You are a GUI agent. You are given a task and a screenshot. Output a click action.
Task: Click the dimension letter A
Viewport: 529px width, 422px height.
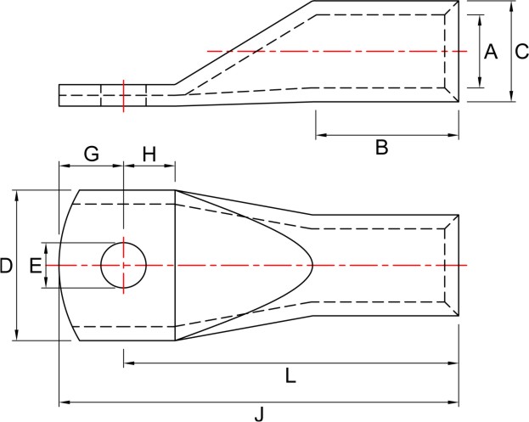(x=491, y=52)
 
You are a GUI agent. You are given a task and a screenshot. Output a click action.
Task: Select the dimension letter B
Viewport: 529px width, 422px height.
(x=381, y=148)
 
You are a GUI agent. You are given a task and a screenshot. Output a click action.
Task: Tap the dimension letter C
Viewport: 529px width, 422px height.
(x=521, y=52)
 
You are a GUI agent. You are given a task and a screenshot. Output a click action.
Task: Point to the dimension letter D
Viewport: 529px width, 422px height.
(x=6, y=265)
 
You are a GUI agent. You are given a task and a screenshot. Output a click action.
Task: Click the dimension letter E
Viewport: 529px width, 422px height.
(x=36, y=265)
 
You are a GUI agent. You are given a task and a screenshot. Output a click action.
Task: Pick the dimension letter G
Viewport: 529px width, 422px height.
(x=92, y=154)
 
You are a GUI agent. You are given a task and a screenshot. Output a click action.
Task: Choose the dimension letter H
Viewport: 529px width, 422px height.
(x=149, y=155)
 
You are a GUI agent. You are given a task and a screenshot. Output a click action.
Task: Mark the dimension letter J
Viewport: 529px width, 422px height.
(x=259, y=414)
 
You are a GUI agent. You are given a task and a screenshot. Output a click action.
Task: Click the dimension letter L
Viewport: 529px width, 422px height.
(x=290, y=375)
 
